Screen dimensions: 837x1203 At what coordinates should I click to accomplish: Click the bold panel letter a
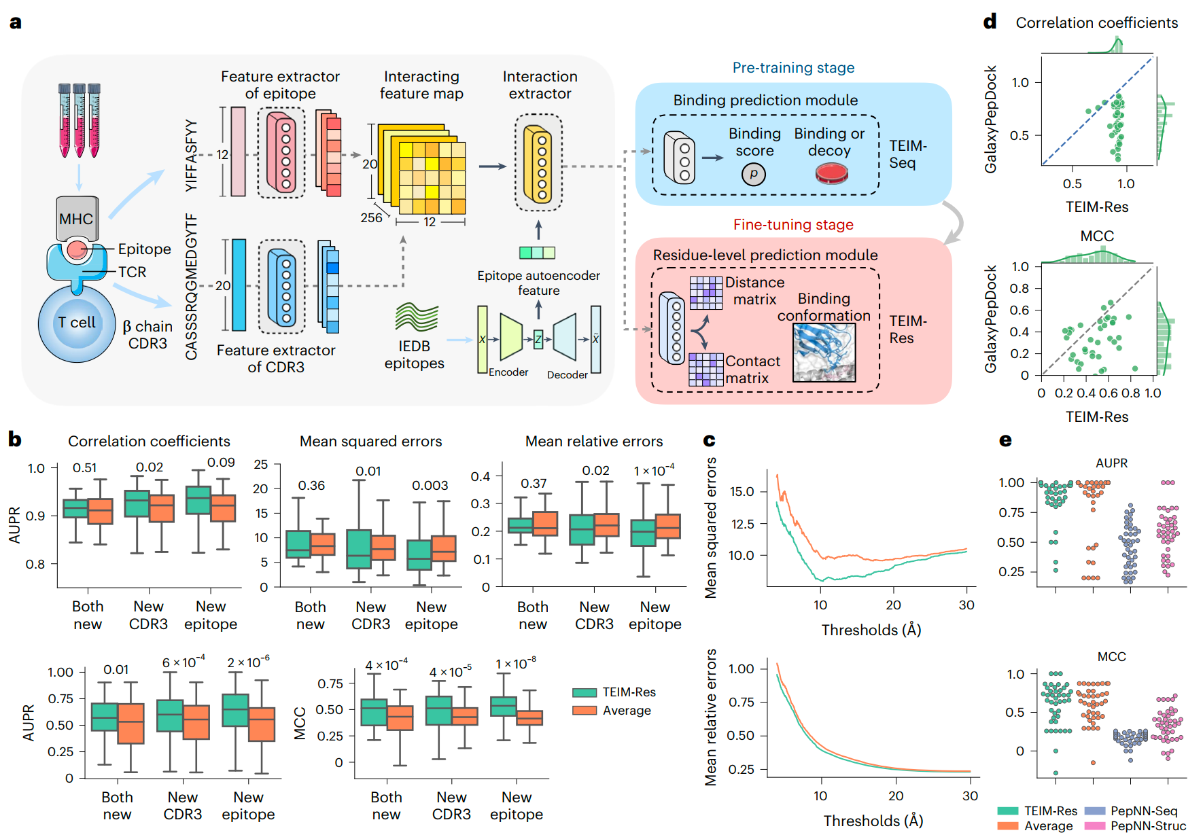15,22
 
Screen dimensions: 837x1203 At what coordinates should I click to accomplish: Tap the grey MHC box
77,218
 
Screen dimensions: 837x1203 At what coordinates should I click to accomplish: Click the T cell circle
77,323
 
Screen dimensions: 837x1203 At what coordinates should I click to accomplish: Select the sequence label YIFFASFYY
192,156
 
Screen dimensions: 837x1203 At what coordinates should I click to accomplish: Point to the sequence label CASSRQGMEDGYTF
192,286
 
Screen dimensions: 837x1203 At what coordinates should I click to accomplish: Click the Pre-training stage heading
793,68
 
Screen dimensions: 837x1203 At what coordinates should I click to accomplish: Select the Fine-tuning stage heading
793,225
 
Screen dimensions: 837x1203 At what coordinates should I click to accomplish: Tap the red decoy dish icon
831,174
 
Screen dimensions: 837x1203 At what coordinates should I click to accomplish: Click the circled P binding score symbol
753,175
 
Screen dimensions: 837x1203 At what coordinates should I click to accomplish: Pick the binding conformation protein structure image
824,353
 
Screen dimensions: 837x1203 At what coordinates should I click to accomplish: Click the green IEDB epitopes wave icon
416,317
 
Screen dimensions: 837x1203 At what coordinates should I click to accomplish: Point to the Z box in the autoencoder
538,339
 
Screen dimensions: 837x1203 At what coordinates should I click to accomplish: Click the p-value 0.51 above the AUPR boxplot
85,468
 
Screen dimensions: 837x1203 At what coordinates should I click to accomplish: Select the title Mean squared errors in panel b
370,442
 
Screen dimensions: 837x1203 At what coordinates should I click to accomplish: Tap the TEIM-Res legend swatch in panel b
585,692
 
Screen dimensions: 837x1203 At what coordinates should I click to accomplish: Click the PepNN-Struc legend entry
1135,825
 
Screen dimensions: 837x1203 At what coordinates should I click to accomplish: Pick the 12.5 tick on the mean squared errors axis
742,524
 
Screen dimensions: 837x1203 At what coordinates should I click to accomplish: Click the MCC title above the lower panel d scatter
1097,236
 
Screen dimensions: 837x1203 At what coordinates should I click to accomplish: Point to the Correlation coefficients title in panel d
1096,23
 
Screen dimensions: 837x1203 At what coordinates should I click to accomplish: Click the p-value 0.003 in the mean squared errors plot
430,486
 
